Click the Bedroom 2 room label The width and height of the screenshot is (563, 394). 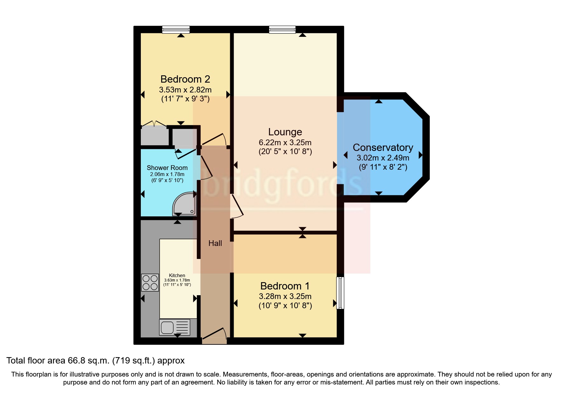pyautogui.click(x=185, y=79)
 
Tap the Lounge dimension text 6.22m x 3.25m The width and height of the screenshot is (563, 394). pyautogui.click(x=285, y=143)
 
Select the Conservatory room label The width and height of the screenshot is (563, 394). pyautogui.click(x=383, y=147)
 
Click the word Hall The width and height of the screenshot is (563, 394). pyautogui.click(x=215, y=243)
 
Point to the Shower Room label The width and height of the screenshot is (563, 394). pyautogui.click(x=167, y=168)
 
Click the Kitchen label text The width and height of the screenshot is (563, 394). pyautogui.click(x=177, y=275)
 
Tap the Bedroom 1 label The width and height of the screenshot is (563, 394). pyautogui.click(x=285, y=286)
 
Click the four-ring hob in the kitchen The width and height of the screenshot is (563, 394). pyautogui.click(x=150, y=282)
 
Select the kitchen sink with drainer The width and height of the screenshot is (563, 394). pyautogui.click(x=175, y=327)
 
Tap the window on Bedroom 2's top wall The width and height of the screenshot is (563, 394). pyautogui.click(x=176, y=30)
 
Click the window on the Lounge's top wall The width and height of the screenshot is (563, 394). pyautogui.click(x=282, y=30)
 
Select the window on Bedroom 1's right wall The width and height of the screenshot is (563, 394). pyautogui.click(x=340, y=293)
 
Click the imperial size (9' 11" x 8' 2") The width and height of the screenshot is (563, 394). pyautogui.click(x=383, y=167)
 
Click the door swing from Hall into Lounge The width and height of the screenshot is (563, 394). pyautogui.click(x=237, y=207)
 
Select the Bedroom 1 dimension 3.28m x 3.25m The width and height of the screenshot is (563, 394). pyautogui.click(x=285, y=296)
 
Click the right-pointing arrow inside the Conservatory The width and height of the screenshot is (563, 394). pyautogui.click(x=420, y=155)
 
